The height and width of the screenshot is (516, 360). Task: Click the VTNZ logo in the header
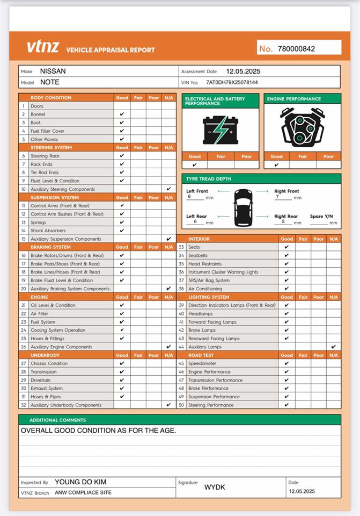pyautogui.click(x=43, y=47)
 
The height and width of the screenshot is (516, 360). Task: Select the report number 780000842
pyautogui.click(x=296, y=49)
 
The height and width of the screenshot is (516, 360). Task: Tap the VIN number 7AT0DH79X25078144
pyautogui.click(x=232, y=83)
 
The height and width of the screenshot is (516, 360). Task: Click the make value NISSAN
pyautogui.click(x=53, y=71)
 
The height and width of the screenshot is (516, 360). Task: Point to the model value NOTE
pyautogui.click(x=50, y=82)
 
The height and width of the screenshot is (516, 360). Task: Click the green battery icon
pyautogui.click(x=220, y=130)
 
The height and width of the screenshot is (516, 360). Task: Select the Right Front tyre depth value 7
pyautogui.click(x=277, y=197)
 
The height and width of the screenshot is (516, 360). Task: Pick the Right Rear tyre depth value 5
pyautogui.click(x=276, y=221)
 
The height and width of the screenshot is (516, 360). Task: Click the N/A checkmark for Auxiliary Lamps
pyautogui.click(x=334, y=347)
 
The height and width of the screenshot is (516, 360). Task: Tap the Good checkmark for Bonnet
pyautogui.click(x=122, y=114)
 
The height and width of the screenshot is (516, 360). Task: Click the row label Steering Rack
pyautogui.click(x=45, y=156)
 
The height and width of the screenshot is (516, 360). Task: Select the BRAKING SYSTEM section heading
pyautogui.click(x=50, y=247)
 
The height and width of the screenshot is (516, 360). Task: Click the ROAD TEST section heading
pyautogui.click(x=201, y=355)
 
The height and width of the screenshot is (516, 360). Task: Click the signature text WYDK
pyautogui.click(x=215, y=487)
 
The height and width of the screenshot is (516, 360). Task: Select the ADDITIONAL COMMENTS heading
pyautogui.click(x=57, y=420)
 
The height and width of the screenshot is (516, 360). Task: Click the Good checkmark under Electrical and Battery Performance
pyautogui.click(x=194, y=165)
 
